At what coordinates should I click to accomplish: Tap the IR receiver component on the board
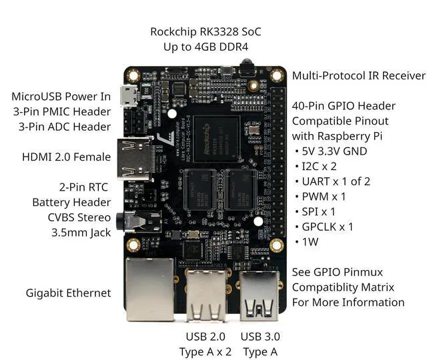pos(248,67)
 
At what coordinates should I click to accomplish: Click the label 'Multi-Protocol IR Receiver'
pos(358,75)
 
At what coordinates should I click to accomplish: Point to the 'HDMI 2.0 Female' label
pos(65,157)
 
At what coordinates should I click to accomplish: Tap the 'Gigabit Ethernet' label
pos(68,293)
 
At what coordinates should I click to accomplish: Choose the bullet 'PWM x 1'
pos(324,196)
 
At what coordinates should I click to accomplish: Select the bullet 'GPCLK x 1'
pos(330,227)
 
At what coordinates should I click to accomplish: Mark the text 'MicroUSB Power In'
pos(61,97)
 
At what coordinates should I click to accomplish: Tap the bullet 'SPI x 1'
pos(320,211)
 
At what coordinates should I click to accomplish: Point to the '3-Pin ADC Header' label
pos(65,126)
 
